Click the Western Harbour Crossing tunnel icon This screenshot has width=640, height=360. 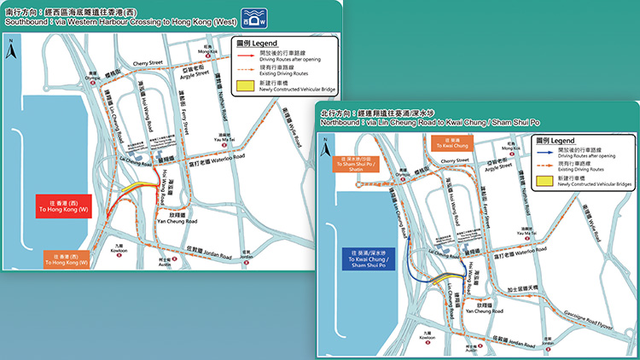253,17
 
